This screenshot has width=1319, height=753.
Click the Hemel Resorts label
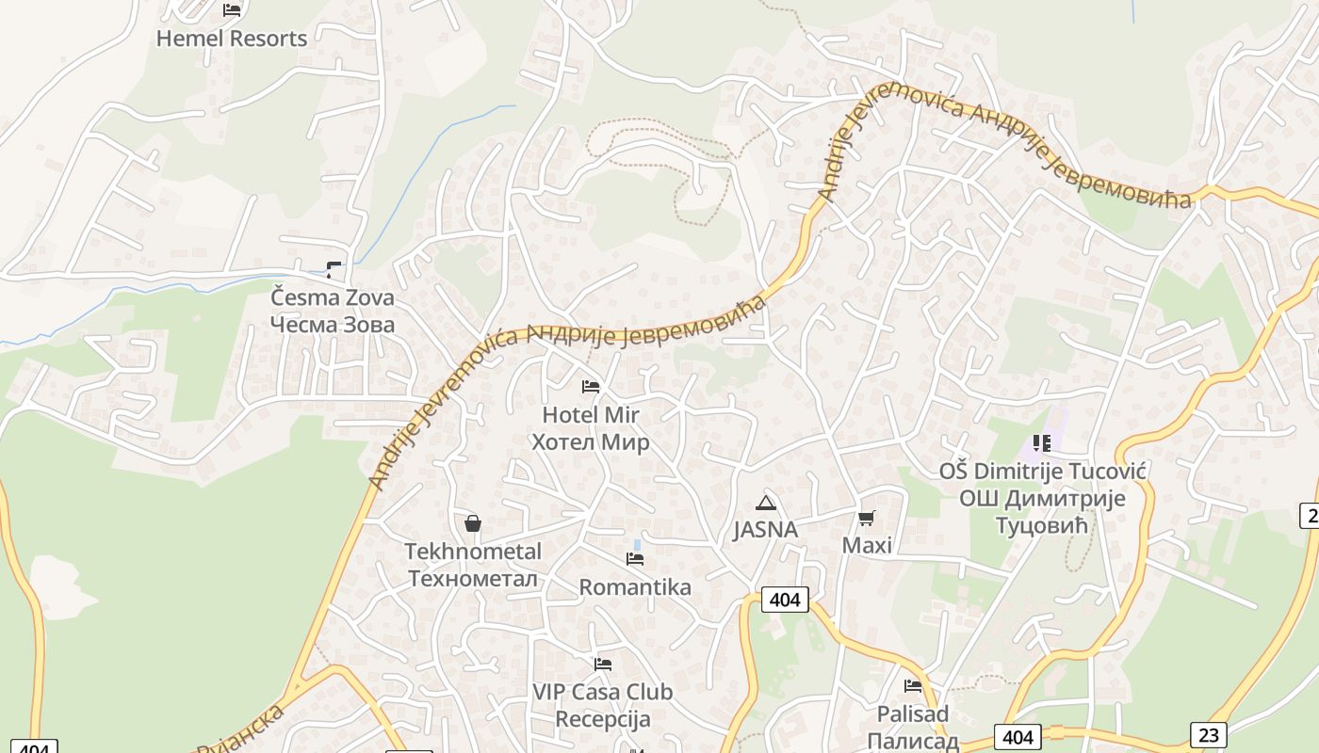(x=232, y=39)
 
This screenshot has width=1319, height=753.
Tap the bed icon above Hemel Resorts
(x=232, y=10)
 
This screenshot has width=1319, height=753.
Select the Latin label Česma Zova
(x=333, y=297)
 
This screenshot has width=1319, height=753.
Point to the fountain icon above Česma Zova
(x=334, y=270)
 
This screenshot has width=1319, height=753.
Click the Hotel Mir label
(x=591, y=415)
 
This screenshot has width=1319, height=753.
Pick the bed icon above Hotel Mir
(x=591, y=387)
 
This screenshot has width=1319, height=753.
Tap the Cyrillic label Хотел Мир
(x=591, y=442)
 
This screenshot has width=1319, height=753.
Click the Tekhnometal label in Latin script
(x=473, y=551)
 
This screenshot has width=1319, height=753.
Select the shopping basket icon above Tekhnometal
(x=473, y=523)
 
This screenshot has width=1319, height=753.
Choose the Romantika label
(x=635, y=587)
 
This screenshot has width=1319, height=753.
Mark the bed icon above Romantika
(x=635, y=559)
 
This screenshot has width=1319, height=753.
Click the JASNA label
(x=766, y=530)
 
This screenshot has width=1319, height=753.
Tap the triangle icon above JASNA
(x=766, y=503)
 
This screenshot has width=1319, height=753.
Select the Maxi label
(x=867, y=546)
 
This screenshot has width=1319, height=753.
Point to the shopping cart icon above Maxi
(x=867, y=518)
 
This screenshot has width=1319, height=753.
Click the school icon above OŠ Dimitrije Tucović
(x=1041, y=442)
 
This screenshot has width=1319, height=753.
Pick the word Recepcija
(x=603, y=720)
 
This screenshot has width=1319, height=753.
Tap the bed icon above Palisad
(x=912, y=686)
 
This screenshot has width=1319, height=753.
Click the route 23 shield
(x=1208, y=734)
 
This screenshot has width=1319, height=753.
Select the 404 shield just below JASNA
(x=784, y=600)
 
